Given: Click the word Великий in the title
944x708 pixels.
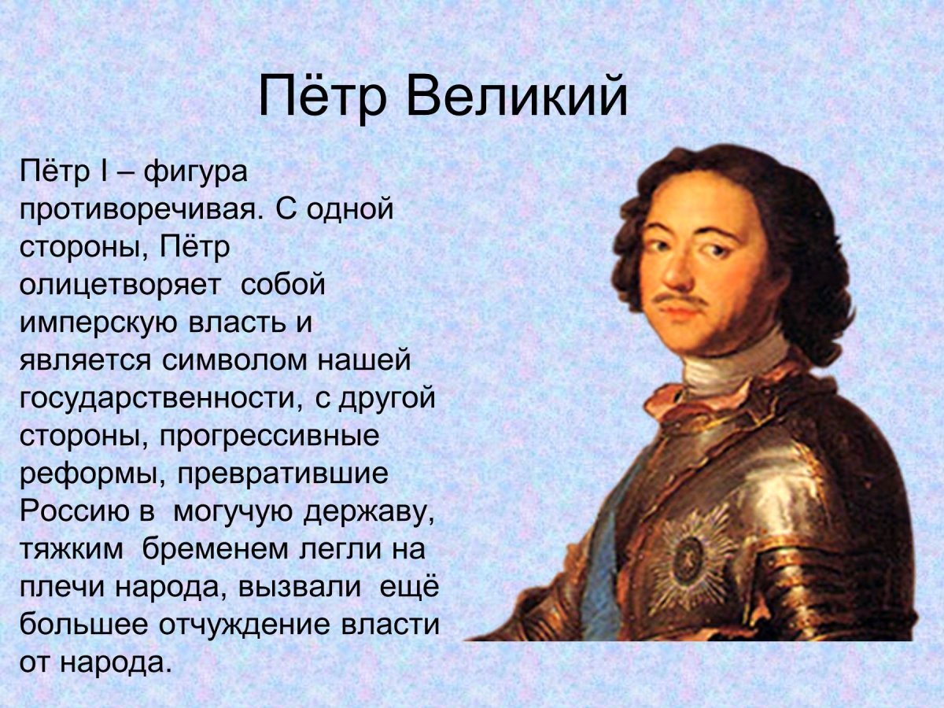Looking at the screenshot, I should point(518,97).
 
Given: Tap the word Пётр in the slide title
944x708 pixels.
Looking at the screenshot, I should point(323,97).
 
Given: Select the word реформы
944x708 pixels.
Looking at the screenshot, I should point(92,474).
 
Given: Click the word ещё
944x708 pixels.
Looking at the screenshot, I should point(409,587).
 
